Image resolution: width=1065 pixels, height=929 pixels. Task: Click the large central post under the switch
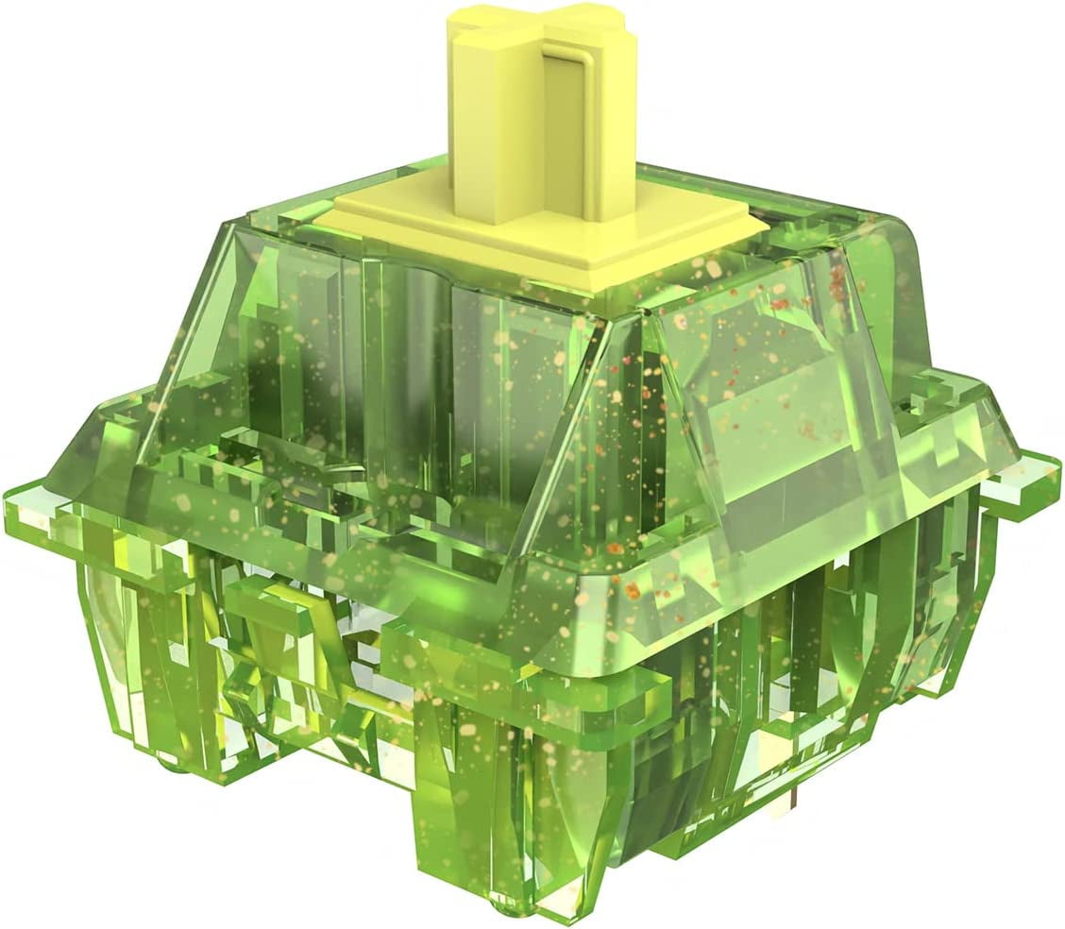coord(463,831)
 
